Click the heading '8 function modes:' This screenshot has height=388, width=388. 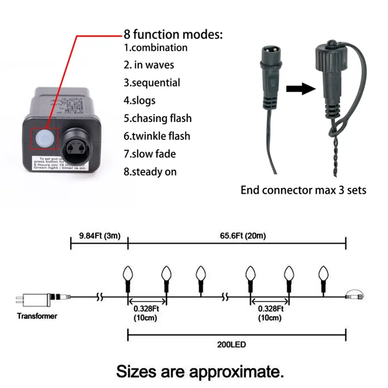(x=173, y=34)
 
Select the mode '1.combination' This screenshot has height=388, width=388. (x=156, y=48)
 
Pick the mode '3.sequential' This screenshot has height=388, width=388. (x=152, y=83)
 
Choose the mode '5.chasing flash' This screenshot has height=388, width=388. (x=158, y=118)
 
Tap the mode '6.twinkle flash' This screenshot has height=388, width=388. (x=157, y=136)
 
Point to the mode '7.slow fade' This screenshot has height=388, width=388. (x=150, y=154)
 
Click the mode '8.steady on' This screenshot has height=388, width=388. (x=150, y=172)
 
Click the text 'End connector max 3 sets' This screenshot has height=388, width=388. (x=304, y=190)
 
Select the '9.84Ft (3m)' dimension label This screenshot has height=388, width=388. (x=100, y=236)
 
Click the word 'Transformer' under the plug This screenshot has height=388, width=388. (x=37, y=316)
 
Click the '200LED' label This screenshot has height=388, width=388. (x=237, y=345)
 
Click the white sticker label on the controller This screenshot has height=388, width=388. (x=61, y=163)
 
